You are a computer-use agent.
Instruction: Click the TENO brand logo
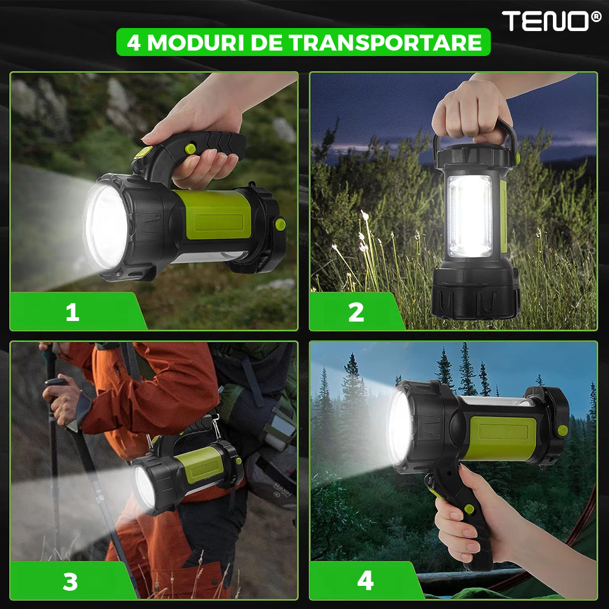point(551,21)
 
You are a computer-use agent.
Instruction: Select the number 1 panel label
point(72,312)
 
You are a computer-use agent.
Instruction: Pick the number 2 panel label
point(356,312)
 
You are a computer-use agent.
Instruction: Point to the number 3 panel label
point(70,582)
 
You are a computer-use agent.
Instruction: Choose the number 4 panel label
point(365,580)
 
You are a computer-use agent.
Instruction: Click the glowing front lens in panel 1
point(105,227)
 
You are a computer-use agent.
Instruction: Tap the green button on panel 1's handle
point(190,149)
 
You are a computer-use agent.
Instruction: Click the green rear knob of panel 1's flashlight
point(280,224)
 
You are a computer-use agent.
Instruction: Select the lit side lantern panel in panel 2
point(470,216)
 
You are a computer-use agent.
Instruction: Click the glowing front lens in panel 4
point(400,428)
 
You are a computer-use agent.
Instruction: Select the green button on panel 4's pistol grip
point(469,509)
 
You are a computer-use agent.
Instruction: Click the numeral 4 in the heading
point(133,43)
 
